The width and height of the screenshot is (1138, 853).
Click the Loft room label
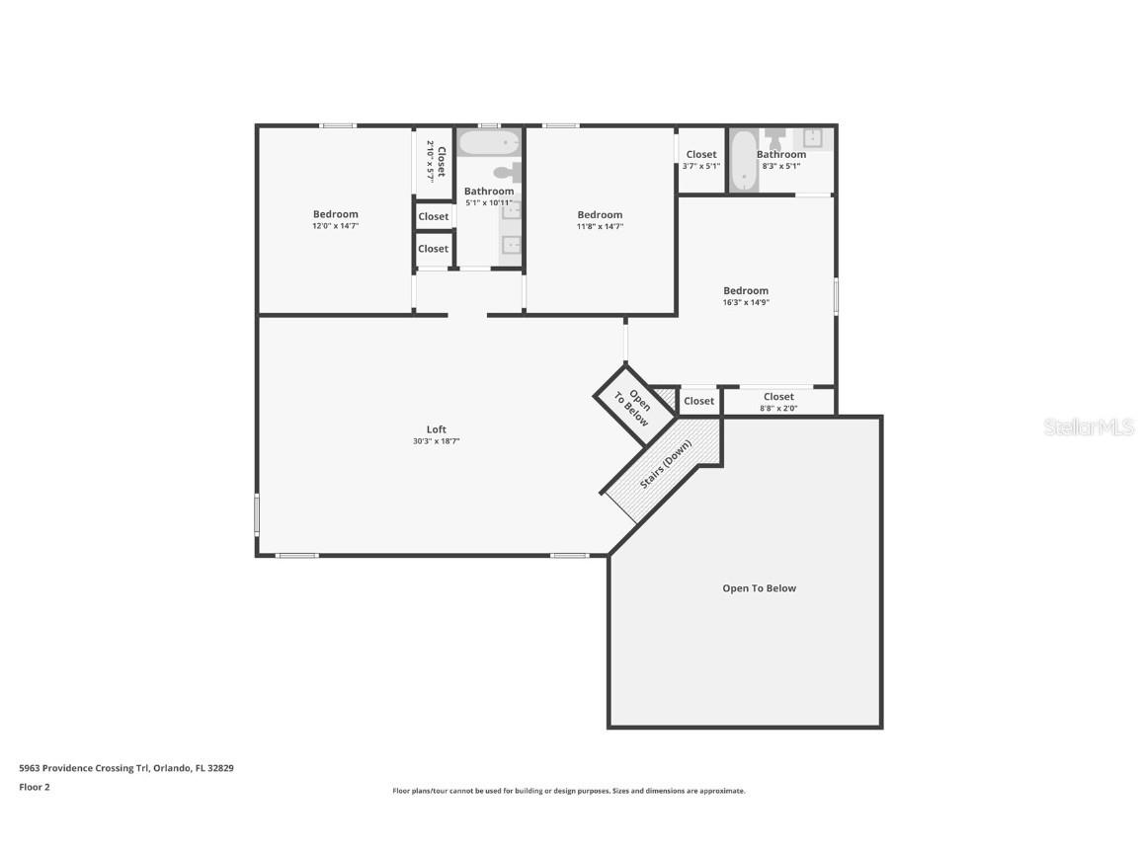(436, 429)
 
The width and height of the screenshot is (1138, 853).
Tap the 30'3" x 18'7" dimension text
(436, 441)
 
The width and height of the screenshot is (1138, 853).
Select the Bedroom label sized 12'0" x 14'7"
(336, 214)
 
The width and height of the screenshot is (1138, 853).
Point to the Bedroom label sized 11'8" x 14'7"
(600, 215)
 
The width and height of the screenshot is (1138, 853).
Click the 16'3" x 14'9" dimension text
(746, 302)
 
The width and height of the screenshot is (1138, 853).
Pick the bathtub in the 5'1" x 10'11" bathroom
(489, 144)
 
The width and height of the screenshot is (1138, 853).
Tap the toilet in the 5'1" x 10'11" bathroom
(505, 173)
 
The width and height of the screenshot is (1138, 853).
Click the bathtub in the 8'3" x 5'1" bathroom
(743, 161)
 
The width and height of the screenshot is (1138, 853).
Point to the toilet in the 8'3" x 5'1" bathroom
(775, 133)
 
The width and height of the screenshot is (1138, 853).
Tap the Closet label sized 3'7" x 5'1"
(701, 154)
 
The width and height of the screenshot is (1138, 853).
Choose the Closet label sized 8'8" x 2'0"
(778, 397)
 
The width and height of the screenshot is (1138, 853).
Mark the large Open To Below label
(759, 588)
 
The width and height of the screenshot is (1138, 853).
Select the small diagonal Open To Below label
(632, 406)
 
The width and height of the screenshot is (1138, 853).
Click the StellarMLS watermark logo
(1090, 426)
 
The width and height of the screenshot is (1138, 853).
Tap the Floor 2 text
(34, 787)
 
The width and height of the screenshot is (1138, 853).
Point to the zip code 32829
(219, 767)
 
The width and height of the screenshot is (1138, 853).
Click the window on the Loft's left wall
(257, 515)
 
